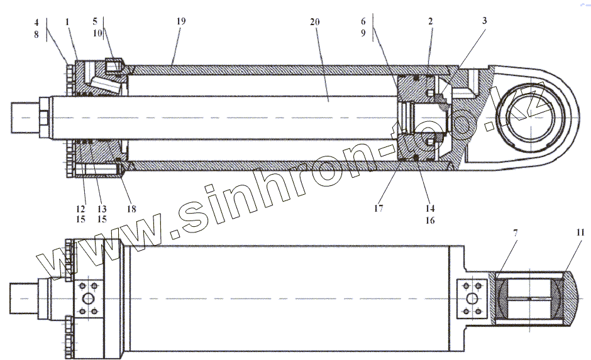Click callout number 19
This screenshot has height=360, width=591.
pyautogui.click(x=181, y=21)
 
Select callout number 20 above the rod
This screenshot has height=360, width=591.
pyautogui.click(x=315, y=21)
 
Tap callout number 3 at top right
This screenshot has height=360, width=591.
pyautogui.click(x=485, y=21)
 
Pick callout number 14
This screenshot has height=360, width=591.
pyautogui.click(x=430, y=208)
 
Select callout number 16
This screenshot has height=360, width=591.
pyautogui.click(x=430, y=221)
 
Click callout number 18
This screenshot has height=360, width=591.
pyautogui.click(x=131, y=209)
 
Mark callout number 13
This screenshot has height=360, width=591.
pyautogui.click(x=101, y=209)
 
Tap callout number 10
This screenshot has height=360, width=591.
pyautogui.click(x=97, y=33)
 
